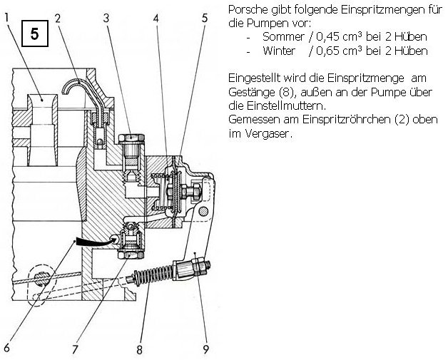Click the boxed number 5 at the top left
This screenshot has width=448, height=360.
coord(34,34)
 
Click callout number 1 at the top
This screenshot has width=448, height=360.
coord(7,19)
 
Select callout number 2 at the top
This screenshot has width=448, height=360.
coord(58,19)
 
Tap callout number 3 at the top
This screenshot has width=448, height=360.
coord(106,19)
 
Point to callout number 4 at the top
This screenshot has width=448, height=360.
coord(156,19)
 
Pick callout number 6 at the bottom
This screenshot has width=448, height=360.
coord(6,347)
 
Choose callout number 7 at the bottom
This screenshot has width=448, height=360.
coord(75,349)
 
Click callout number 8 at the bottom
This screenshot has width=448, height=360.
coord(139,349)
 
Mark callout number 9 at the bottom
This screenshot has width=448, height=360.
coord(205,349)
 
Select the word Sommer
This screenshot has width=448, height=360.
coord(283,37)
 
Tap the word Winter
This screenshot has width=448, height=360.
coord(279,51)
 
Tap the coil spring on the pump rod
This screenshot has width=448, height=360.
coord(153,275)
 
